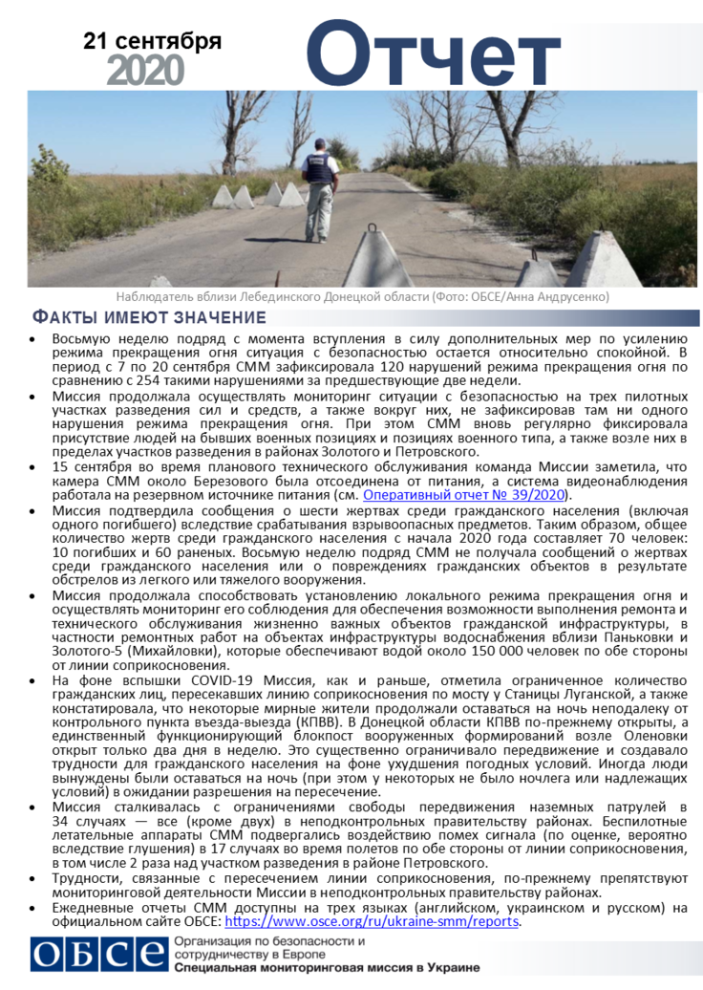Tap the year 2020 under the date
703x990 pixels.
[x=145, y=70]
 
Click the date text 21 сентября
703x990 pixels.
[x=153, y=41]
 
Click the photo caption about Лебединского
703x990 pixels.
[x=362, y=297]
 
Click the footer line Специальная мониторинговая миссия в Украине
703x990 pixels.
[x=327, y=969]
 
